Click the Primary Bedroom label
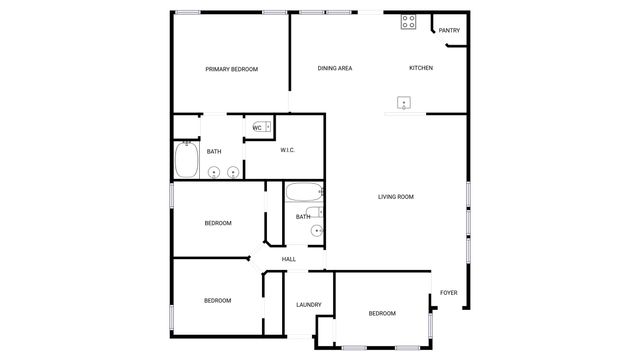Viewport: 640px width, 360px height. coord(231,69)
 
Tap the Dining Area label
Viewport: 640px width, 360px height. coord(335,68)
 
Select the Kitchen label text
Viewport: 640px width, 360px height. coord(421,68)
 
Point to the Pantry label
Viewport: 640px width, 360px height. coord(449,30)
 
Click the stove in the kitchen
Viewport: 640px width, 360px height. coord(408,21)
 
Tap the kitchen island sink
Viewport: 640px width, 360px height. coord(405,102)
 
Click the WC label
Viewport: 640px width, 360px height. coord(257,128)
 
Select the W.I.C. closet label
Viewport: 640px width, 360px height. coord(287,151)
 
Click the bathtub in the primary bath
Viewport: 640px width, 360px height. coord(186,160)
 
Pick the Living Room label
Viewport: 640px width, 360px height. coord(395,197)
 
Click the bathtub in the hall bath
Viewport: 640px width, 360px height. coord(303,192)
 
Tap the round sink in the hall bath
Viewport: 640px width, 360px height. coord(316,231)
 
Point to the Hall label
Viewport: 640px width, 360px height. coord(288,259)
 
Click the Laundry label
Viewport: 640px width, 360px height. coord(308,305)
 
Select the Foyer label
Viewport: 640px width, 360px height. coord(449,293)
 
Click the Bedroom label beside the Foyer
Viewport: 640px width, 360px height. coord(382,314)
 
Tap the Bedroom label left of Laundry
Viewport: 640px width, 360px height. coord(218,300)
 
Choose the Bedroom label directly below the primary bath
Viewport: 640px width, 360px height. coord(218,223)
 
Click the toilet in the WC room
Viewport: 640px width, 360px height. coord(268,127)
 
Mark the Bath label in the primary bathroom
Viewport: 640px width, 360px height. coord(214,152)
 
